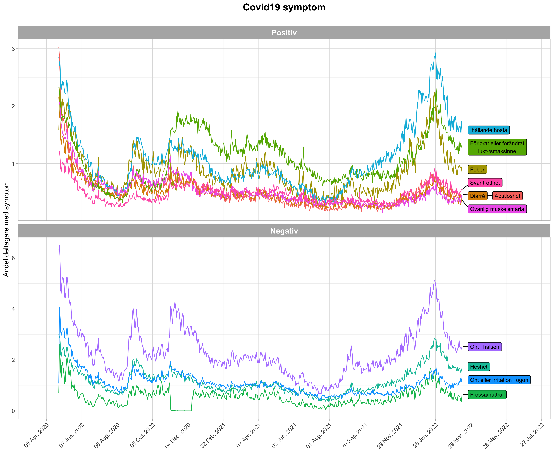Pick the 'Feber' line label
pyautogui.click(x=477, y=169)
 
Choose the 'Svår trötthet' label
pyautogui.click(x=485, y=183)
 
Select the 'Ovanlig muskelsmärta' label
pyautogui.click(x=497, y=209)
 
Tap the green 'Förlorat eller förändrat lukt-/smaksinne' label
pyautogui.click(x=497, y=147)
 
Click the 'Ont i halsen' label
pyautogui.click(x=485, y=347)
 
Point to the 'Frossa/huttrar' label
pyautogui.click(x=487, y=395)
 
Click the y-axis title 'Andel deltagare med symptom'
pyautogui.click(x=6, y=229)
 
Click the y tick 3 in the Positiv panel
pyautogui.click(x=13, y=49)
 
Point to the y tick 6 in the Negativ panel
pyautogui.click(x=13, y=258)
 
